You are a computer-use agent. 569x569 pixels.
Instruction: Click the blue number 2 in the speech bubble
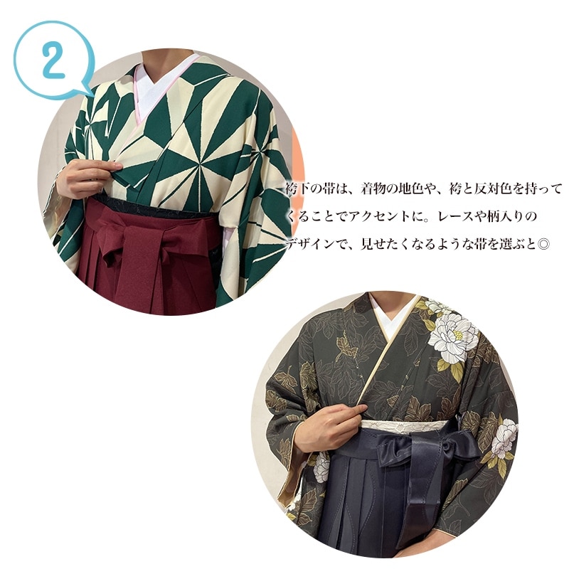point(53,58)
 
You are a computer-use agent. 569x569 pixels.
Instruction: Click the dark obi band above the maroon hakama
point(156,208)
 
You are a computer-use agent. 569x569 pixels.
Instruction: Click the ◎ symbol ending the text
point(543,244)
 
